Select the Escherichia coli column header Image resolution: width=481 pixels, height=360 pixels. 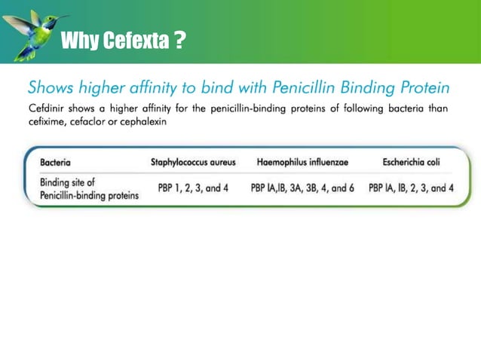pos(411,162)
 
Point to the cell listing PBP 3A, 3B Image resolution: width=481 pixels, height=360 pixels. pos(302,188)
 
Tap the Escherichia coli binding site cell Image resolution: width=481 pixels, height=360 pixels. pos(411,188)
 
